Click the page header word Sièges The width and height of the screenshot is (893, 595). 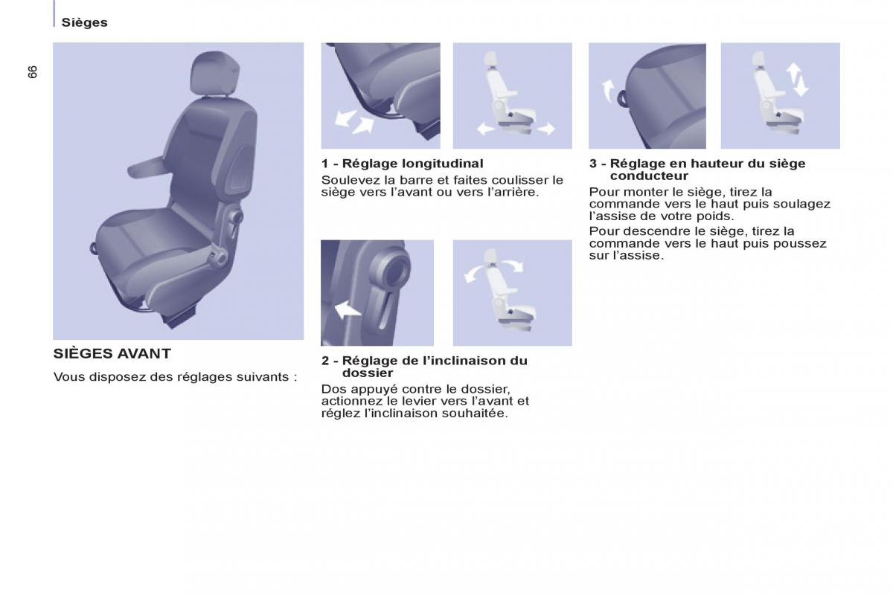85,22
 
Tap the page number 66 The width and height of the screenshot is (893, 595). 32,71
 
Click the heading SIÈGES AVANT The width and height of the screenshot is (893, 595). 112,353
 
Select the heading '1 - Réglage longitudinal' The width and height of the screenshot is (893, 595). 403,164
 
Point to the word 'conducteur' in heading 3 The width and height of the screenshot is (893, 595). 649,176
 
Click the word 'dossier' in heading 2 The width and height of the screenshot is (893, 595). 368,373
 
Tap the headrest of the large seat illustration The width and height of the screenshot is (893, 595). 215,74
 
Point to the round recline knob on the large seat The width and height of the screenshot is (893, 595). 236,216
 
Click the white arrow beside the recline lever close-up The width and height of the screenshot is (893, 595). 348,309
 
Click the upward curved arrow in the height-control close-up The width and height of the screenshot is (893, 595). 609,91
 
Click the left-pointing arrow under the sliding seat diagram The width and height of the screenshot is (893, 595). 486,129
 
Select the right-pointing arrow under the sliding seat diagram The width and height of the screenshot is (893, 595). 545,129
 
